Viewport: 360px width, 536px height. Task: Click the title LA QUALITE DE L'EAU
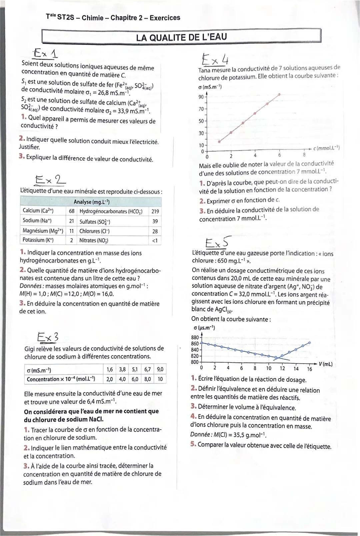click(182, 37)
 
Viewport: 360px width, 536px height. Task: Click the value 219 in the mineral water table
click(155, 211)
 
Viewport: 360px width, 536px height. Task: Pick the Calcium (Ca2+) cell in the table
click(38, 211)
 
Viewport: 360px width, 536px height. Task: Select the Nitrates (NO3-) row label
click(94, 240)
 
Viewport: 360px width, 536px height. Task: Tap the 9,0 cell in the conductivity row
click(160, 370)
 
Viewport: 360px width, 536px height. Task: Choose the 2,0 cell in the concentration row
click(109, 379)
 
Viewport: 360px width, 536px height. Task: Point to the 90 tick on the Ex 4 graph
click(201, 97)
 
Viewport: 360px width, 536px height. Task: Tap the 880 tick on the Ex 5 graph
click(195, 337)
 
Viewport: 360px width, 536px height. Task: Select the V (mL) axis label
click(325, 364)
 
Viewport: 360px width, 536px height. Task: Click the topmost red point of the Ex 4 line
click(279, 95)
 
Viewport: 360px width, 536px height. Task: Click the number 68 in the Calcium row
click(71, 211)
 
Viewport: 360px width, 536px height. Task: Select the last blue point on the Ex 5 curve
click(310, 343)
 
